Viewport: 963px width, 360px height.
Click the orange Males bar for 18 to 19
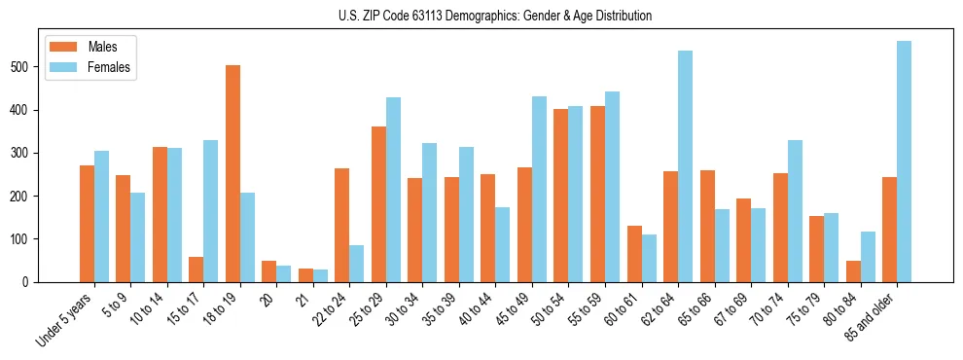coord(232,173)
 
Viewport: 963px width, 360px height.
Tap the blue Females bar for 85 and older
coord(904,162)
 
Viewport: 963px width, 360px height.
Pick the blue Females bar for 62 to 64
coord(685,166)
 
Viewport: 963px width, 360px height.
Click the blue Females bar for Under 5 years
coord(101,216)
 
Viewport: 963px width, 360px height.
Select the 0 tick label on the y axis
coord(32,282)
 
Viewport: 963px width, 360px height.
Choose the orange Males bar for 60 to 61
coord(634,254)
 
